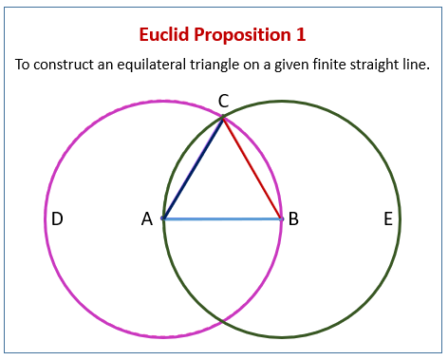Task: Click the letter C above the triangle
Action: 223,101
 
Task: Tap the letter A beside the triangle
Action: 147,219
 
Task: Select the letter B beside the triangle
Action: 293,219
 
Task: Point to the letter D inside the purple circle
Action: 58,219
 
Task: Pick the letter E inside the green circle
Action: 387,219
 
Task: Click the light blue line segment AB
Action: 223,218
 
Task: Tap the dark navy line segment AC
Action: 194,168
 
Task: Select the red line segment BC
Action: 252,168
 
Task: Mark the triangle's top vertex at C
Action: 223,118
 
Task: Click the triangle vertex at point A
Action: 164,218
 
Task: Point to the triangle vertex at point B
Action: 282,218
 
